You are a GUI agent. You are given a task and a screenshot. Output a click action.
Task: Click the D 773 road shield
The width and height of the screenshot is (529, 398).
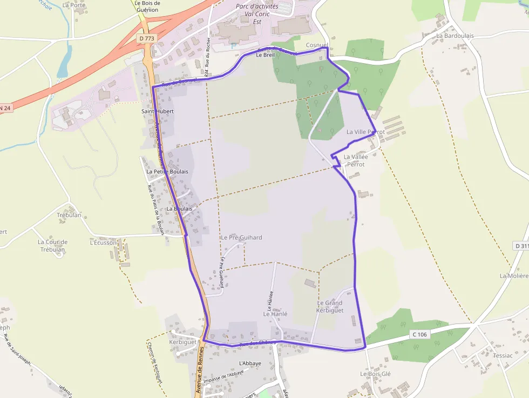pos(145,38)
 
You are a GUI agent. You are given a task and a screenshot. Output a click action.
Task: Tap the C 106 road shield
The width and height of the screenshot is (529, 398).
pos(420,335)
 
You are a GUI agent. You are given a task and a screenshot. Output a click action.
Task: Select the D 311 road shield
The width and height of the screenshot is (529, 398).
pos(521,246)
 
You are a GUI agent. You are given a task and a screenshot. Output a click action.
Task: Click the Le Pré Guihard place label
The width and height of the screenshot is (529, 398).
pos(241,238)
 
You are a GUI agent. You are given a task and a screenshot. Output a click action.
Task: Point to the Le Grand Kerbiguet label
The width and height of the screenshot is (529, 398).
pos(330,307)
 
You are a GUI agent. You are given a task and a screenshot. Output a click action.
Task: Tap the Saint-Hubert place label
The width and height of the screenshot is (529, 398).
pos(156,111)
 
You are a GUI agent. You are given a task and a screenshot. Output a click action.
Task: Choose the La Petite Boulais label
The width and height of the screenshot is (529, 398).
pos(167,172)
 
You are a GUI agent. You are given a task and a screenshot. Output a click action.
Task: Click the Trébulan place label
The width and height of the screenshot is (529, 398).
pos(69,215)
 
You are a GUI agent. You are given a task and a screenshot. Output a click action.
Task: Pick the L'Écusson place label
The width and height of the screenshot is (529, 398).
pos(103,243)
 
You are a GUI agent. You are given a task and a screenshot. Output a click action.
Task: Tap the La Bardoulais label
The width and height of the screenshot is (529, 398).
pos(455,36)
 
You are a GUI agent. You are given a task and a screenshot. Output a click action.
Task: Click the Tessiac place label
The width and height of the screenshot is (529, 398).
pos(503,355)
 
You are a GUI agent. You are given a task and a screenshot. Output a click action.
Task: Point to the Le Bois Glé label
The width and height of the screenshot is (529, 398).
pos(375,374)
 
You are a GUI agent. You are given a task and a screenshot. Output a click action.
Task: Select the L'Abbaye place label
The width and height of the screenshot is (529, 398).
pos(250,363)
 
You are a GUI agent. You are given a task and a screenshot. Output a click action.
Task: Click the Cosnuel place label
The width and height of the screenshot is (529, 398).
pos(317,45)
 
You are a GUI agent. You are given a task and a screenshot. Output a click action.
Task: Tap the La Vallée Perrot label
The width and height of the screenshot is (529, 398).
pos(356,160)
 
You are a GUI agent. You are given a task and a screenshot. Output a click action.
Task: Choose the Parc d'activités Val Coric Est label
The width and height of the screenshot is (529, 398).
pos(257,14)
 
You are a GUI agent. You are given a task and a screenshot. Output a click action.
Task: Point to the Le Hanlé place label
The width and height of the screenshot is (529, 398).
pos(275,314)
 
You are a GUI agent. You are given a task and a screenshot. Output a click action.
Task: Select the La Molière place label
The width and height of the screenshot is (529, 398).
pos(514,275)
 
